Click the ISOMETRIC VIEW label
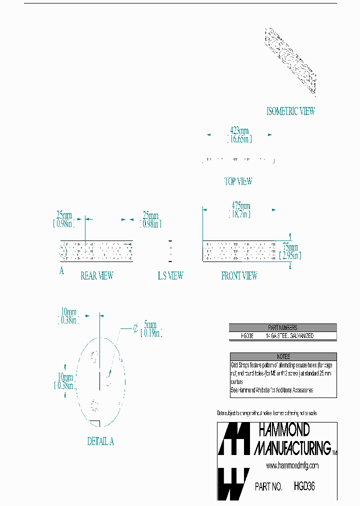tap(290, 111)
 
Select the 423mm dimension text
tap(239, 131)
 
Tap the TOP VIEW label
tap(238, 181)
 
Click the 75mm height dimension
tap(290, 247)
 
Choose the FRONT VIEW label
tap(239, 275)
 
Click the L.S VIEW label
tap(170, 275)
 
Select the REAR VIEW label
tap(96, 275)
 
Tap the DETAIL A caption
tap(100, 441)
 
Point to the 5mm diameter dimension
tap(150, 324)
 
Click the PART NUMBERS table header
tap(282, 327)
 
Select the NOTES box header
tap(283, 356)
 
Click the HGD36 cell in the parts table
tap(247, 336)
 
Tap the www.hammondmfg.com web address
tap(292, 465)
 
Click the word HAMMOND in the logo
tap(284, 430)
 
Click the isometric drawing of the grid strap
tap(290, 61)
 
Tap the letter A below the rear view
tap(61, 271)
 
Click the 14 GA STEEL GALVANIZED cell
tap(290, 336)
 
